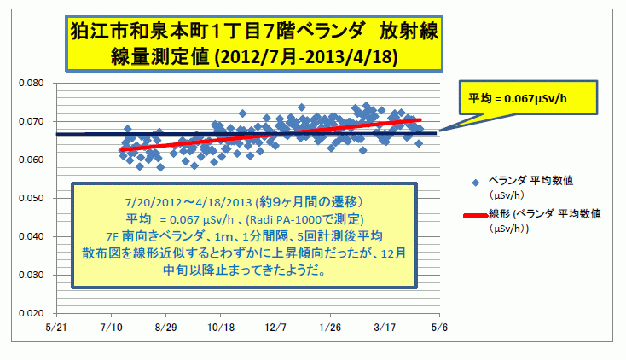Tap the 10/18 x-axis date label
click(x=220, y=327)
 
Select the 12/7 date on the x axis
click(x=275, y=327)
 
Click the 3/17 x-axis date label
click(x=385, y=327)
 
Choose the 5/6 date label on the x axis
click(x=439, y=327)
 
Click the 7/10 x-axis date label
click(x=110, y=327)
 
